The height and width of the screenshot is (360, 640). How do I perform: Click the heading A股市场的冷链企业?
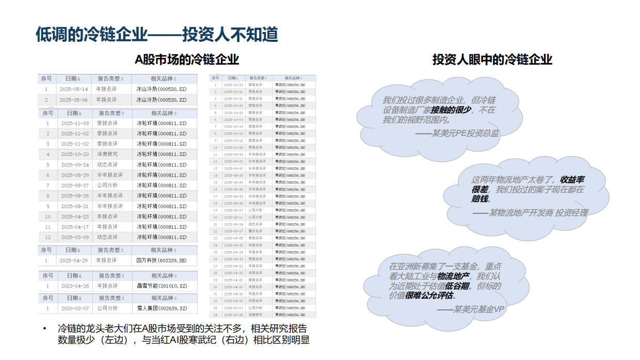click(187, 59)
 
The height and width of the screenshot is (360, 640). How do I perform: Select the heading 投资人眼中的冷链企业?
click(492, 59)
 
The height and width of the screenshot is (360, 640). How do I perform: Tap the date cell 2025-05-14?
click(73, 89)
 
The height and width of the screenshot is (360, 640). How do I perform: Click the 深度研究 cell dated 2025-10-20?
click(108, 154)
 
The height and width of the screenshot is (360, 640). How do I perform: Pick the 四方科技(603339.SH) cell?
click(162, 260)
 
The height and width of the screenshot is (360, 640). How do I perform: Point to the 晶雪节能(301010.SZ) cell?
click(162, 286)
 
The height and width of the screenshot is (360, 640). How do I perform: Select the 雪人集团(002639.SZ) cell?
click(162, 308)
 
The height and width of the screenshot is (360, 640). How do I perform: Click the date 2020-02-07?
click(75, 308)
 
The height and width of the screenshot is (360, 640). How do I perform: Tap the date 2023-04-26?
click(75, 286)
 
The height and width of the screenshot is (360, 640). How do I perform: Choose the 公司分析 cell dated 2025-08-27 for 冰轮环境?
click(108, 185)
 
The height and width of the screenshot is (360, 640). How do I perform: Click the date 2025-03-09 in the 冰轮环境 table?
click(75, 237)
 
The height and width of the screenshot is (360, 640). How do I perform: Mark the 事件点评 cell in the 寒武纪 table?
click(256, 231)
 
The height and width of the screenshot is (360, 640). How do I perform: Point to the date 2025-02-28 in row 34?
click(233, 315)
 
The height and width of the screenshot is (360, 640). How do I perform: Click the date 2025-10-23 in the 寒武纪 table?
click(233, 85)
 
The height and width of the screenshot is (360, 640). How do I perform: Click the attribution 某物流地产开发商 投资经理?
click(530, 212)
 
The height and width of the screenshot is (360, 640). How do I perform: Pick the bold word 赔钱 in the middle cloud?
click(480, 198)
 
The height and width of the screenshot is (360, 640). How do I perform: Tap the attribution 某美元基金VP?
click(470, 309)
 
